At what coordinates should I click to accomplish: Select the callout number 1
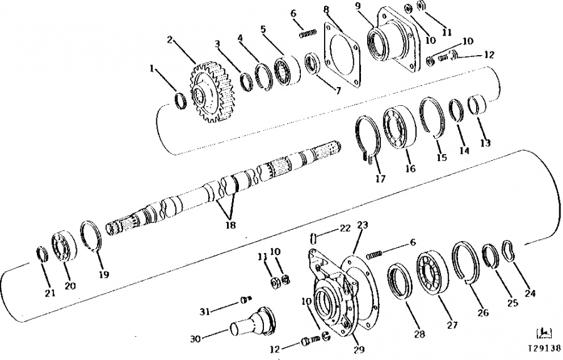pos(153,68)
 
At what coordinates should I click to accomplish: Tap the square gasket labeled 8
pos(342,54)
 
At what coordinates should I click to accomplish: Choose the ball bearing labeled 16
pos(399,127)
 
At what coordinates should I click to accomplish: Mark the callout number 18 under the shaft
pos(230,225)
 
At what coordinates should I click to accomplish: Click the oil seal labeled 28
pos(402,282)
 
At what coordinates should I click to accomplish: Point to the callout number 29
pos(358,349)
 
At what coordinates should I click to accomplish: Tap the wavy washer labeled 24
pos(509,252)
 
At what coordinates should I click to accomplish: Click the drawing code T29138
pos(544,348)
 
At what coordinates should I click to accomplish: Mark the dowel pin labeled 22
pos(313,238)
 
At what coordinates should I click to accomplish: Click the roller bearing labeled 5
pos(287,70)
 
